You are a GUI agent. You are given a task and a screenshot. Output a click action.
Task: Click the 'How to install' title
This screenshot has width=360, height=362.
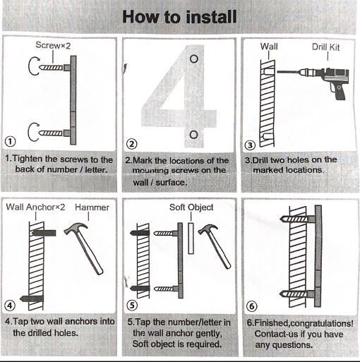[179, 17]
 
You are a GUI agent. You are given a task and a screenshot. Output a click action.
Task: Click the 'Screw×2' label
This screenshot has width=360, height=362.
[53, 45]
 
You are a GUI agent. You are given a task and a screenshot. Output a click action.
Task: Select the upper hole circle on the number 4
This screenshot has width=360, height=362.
[194, 59]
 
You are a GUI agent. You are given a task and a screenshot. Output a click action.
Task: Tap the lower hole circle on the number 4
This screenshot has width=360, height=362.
[193, 135]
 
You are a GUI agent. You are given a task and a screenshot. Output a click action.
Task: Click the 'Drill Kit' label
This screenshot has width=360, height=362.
[325, 47]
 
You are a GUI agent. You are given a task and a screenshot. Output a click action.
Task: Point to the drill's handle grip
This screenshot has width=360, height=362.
[339, 91]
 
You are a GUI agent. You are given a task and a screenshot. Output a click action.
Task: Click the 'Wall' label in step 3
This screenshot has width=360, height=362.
[269, 47]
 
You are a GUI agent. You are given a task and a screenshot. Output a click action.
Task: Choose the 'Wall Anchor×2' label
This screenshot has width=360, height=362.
[35, 207]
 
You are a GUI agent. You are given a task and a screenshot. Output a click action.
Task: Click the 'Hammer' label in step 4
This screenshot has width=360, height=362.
[92, 207]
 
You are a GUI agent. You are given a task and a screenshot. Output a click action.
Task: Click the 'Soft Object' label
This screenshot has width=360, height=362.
[191, 207]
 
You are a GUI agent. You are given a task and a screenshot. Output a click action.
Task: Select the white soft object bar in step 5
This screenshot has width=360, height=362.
[191, 239]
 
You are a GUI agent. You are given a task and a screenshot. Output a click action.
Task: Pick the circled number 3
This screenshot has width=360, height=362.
[250, 145]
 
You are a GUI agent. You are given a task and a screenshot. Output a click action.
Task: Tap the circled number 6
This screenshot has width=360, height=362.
[251, 306]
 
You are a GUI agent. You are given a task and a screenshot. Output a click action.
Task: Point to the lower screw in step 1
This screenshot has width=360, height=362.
[52, 133]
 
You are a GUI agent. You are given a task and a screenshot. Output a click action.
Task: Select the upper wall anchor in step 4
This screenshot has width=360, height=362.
[44, 233]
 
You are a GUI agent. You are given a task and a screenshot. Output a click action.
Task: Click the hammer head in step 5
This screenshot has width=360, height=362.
[208, 229]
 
